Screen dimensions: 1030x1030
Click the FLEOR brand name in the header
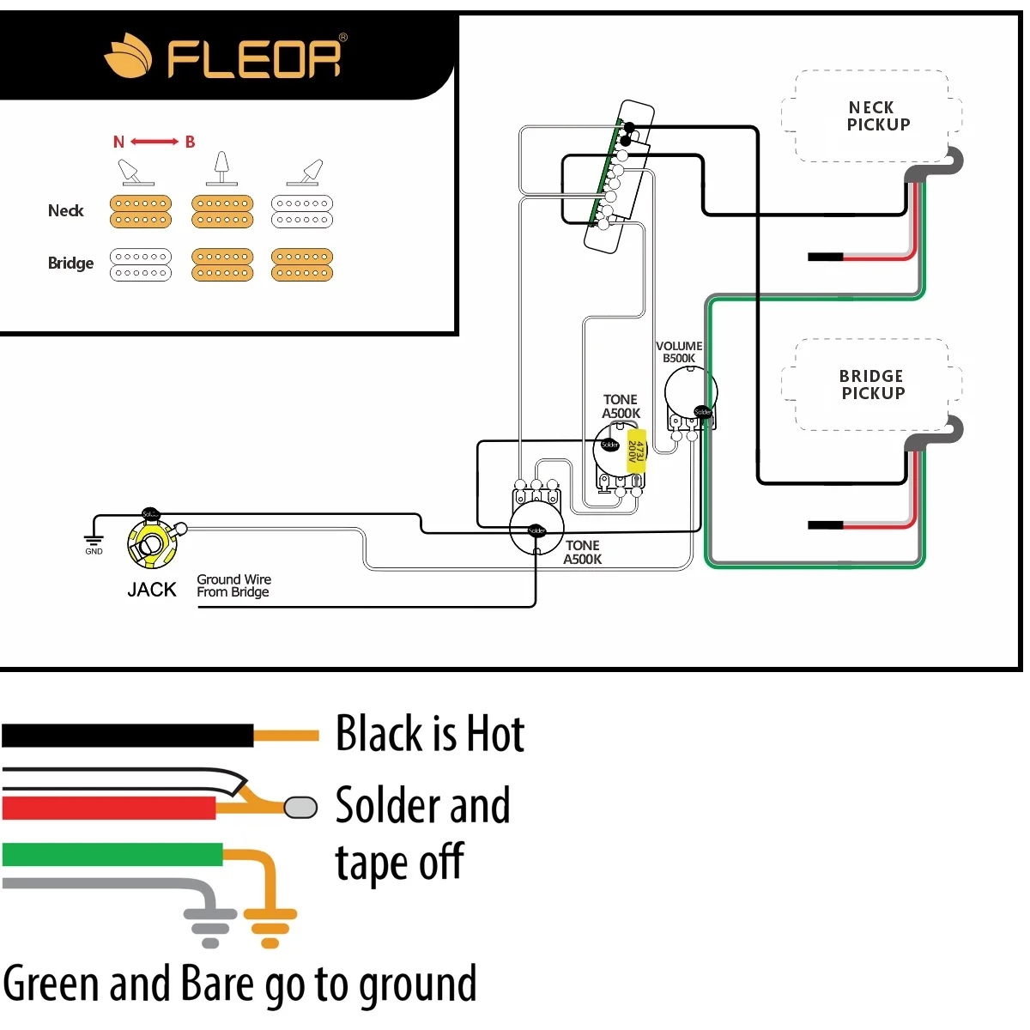(x=254, y=58)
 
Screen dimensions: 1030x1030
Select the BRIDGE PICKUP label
(x=872, y=385)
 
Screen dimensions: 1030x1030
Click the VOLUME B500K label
(x=679, y=352)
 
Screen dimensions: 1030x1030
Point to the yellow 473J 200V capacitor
(x=636, y=451)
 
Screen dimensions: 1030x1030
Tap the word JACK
(x=151, y=590)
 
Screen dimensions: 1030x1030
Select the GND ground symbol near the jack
(x=94, y=543)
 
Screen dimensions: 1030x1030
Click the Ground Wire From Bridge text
(x=233, y=585)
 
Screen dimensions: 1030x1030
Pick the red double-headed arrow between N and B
(x=154, y=142)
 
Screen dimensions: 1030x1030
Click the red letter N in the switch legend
(x=118, y=142)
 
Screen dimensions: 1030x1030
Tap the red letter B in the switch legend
(x=190, y=142)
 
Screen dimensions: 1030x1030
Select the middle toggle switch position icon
(x=221, y=168)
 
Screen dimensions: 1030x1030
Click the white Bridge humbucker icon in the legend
(x=141, y=264)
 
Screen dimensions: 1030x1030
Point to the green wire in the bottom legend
(x=112, y=854)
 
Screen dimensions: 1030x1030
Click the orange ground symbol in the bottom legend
(x=270, y=925)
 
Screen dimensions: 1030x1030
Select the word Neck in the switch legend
(x=66, y=210)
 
